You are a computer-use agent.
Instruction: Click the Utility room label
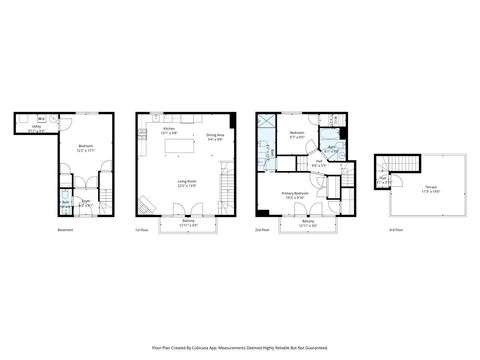tap(36, 127)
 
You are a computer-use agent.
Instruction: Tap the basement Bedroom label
tap(85, 147)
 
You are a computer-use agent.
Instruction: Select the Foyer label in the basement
tap(85, 204)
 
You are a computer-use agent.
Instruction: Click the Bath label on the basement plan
tap(64, 204)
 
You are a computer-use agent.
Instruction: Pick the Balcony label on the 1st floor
tap(187, 223)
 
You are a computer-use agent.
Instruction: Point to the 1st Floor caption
tap(141, 231)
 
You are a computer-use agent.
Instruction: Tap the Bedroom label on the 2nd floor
tap(297, 133)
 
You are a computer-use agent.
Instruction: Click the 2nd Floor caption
tap(262, 231)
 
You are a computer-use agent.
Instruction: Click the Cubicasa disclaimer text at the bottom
tap(239, 348)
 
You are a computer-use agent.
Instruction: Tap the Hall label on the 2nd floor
tap(319, 161)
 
